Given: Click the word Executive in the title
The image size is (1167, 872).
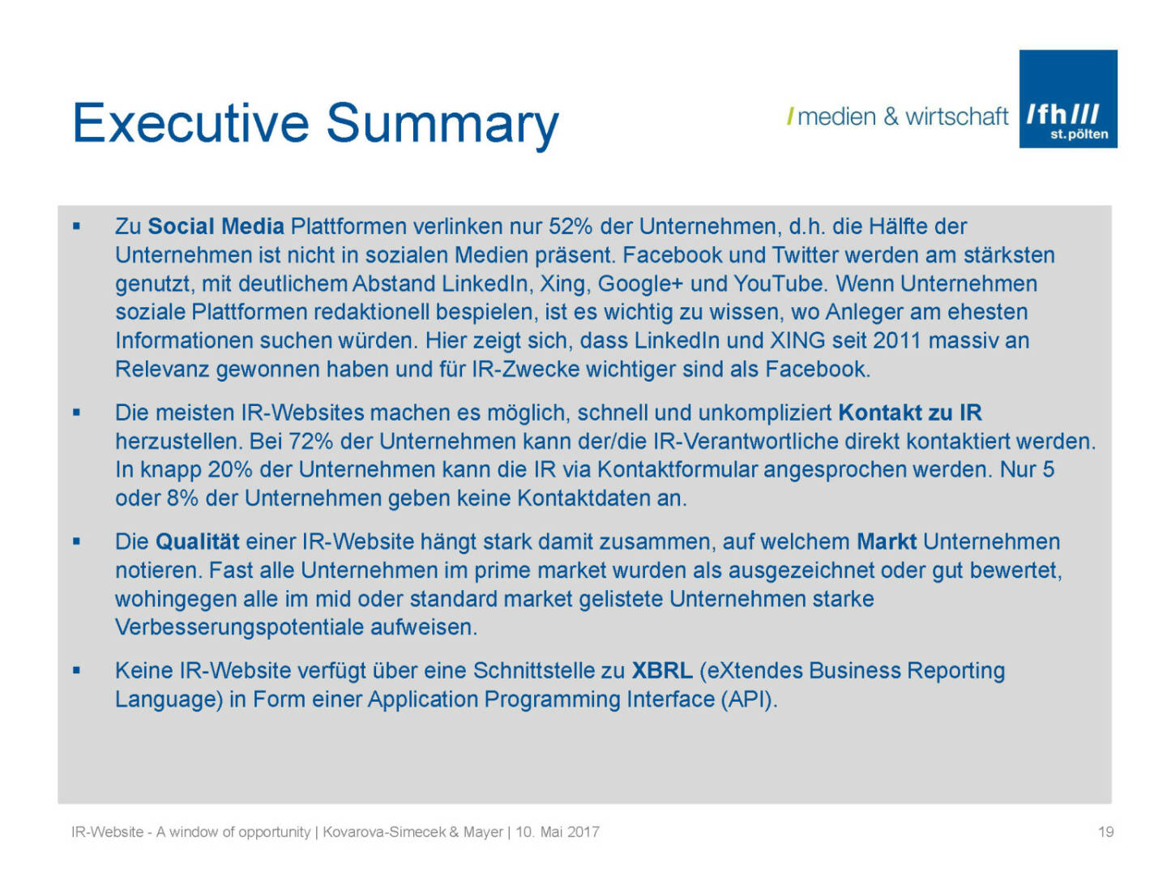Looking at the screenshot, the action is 190,123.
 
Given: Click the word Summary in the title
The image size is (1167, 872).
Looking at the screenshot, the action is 442,126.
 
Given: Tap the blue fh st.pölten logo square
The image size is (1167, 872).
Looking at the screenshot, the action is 1067,99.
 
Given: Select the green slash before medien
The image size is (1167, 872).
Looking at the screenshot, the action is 790,117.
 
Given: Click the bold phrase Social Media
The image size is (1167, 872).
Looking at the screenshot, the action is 216,226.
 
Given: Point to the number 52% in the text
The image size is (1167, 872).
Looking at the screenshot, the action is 571,226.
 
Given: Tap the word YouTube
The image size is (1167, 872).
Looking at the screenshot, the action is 778,284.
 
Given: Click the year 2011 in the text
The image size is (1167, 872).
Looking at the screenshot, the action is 896,341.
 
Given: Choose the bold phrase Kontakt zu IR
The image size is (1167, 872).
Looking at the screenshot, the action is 909,413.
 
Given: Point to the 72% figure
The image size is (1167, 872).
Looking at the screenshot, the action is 310,442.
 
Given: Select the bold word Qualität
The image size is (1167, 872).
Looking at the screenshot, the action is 197,542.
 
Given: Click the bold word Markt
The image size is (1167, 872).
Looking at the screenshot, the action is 887,542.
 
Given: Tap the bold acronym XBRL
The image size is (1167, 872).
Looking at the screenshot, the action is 662,671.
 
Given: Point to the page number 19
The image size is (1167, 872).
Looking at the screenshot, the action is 1106,831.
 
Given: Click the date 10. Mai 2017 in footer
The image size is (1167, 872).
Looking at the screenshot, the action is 558,831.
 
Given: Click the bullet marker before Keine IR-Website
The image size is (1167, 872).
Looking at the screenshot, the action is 76,671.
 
